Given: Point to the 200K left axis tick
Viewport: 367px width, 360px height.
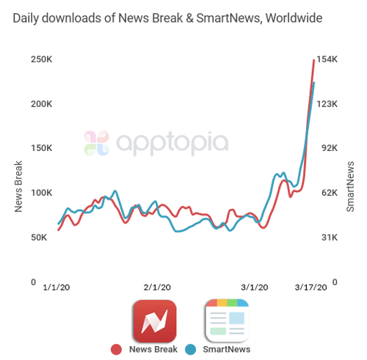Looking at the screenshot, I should coord(41,104).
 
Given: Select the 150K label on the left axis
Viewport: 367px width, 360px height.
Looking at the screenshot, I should coord(41,148).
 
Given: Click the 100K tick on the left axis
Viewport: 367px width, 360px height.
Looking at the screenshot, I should coord(41,193).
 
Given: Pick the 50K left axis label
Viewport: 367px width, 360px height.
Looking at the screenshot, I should coord(43,238).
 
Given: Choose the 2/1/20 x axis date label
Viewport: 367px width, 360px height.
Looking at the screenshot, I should coord(157,288).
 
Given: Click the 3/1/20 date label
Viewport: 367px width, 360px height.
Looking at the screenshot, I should coord(255,288).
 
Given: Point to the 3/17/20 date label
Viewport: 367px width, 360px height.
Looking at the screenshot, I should coord(311,288).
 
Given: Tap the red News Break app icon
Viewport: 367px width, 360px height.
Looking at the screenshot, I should coord(154,321).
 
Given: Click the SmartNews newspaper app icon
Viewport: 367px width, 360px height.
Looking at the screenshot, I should coord(227,321).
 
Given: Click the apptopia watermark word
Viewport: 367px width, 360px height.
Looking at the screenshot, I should coord(170,142).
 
